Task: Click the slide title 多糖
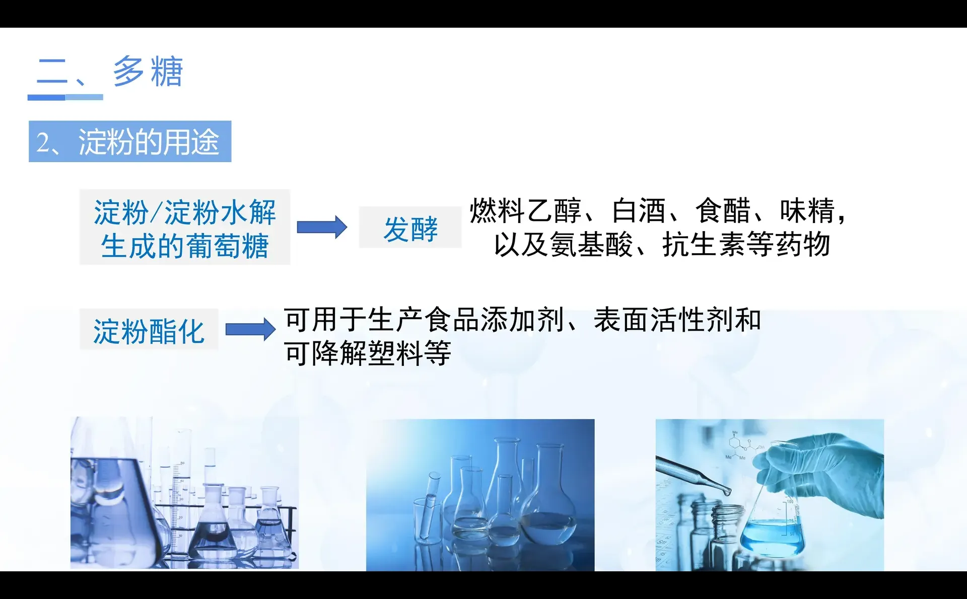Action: click(x=148, y=71)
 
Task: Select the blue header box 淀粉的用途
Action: click(x=130, y=141)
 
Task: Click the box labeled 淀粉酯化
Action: click(x=149, y=330)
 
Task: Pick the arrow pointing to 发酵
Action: click(x=322, y=227)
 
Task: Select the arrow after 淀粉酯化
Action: click(x=250, y=330)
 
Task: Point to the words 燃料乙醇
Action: click(x=525, y=211)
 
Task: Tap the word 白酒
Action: click(x=639, y=211)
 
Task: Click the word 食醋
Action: click(x=723, y=211)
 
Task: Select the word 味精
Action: click(x=807, y=211)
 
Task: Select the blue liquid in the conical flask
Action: click(x=771, y=538)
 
